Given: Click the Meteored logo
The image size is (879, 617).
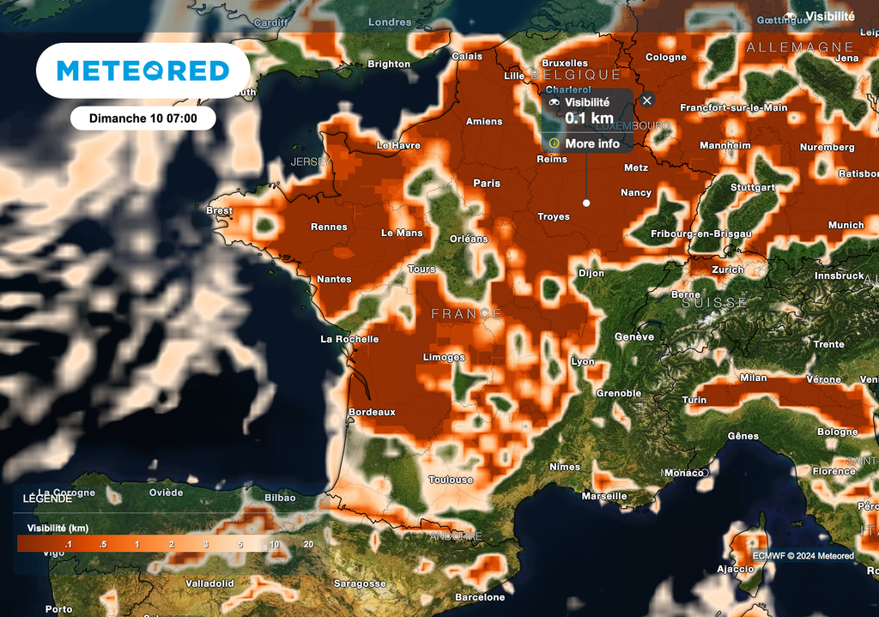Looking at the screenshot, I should [x=142, y=70].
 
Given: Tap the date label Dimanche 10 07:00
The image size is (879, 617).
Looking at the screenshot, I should [x=142, y=118].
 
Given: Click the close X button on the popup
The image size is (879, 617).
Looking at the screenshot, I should [x=647, y=100].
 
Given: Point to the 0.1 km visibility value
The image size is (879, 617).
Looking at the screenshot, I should [x=589, y=118].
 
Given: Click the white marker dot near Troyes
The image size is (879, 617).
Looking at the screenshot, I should [x=586, y=203].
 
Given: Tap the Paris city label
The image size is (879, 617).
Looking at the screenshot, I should [x=487, y=183].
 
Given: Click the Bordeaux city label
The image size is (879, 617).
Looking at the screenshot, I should [x=372, y=412].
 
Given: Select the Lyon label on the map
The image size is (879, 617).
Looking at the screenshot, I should [x=583, y=361].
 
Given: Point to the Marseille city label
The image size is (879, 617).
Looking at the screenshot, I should [x=604, y=496].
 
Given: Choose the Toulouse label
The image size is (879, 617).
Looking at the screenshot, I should [x=451, y=480].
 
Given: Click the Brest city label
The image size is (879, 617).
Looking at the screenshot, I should [x=220, y=210].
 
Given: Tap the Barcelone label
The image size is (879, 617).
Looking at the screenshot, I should [x=480, y=597].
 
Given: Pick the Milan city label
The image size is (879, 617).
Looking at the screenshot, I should [x=753, y=378].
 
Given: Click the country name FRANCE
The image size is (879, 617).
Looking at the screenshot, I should [x=466, y=314].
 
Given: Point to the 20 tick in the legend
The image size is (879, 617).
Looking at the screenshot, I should [x=308, y=544].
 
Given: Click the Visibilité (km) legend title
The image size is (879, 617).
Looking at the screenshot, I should [x=58, y=528].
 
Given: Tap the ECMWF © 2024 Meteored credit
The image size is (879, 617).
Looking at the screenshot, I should [x=803, y=556].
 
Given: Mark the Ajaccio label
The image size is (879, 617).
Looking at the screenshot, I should [x=737, y=569].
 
